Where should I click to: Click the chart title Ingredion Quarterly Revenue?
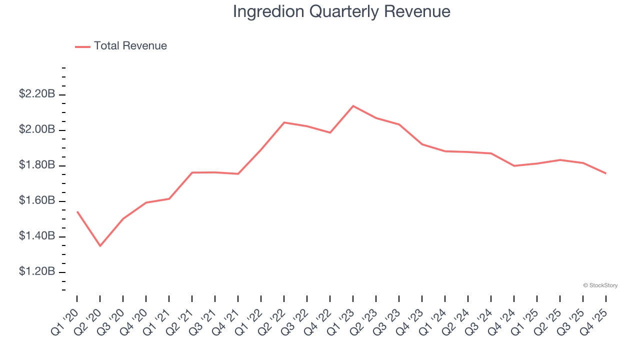pos(341,11)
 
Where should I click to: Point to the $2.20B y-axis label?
pos(37,94)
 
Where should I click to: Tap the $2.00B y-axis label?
pos(37,129)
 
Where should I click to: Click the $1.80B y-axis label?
pos(37,165)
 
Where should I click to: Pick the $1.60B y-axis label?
pos(37,200)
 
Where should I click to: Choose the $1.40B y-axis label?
pos(37,236)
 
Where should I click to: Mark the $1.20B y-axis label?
pos(37,271)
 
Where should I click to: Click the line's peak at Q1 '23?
pos(353,106)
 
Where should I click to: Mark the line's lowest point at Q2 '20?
pos(100,246)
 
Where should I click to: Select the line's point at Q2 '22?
pos(284,122)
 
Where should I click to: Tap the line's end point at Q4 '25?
pos(606,173)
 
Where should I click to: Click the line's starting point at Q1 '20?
pos(77,211)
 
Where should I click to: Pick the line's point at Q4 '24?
pos(514,165)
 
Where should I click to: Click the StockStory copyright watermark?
pos(600,285)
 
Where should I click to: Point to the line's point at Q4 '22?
pos(330,132)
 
